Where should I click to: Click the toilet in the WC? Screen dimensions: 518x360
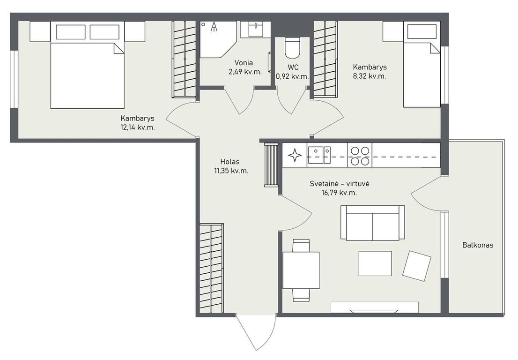pos(292,48)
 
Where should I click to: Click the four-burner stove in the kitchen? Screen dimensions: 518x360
pos(360,156)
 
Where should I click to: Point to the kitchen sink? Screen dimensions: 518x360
pos(319,155)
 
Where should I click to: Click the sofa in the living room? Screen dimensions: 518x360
pos(373,223)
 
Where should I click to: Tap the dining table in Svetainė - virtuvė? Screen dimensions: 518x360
pos(301,270)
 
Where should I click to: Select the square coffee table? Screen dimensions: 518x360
pos(375,263)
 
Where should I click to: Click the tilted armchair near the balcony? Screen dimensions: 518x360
pos(416,266)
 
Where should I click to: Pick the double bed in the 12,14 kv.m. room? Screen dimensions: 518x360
pos(87,65)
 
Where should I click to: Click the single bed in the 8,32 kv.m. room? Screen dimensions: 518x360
pos(422,64)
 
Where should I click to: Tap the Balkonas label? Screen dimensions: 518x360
pos(478,245)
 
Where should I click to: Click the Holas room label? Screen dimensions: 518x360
pos(230,162)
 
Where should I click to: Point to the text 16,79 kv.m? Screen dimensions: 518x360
pos(339,193)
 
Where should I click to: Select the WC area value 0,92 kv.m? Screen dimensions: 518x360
pos(293,77)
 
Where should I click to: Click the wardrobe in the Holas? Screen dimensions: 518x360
pos(211,268)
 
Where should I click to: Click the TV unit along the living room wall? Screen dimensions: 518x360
pos(375,307)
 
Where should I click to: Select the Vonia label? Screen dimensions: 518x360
pos(244,62)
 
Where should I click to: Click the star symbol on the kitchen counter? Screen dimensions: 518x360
pos(295,155)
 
